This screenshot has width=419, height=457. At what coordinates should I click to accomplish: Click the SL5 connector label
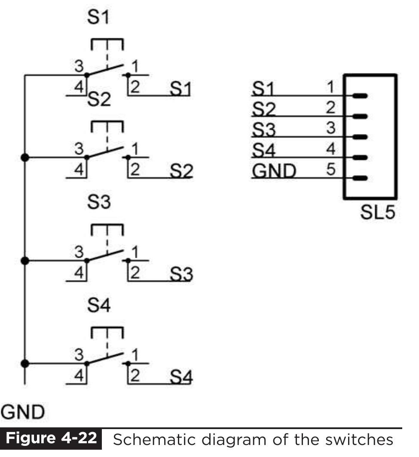click(x=376, y=212)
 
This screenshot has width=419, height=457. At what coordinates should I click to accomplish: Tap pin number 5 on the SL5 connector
click(x=330, y=170)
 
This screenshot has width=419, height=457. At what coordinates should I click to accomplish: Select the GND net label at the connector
click(x=274, y=171)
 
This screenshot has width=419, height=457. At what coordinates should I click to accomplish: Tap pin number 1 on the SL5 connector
click(x=330, y=87)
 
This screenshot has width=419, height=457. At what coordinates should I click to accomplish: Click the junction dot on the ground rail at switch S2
click(x=25, y=157)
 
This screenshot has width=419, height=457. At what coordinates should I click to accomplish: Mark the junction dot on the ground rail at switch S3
click(x=25, y=260)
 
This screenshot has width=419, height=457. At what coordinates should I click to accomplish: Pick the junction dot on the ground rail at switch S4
click(x=25, y=363)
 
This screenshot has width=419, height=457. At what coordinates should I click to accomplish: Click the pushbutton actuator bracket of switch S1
click(x=107, y=44)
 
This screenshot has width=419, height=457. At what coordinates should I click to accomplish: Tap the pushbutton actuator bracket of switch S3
click(x=107, y=229)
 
